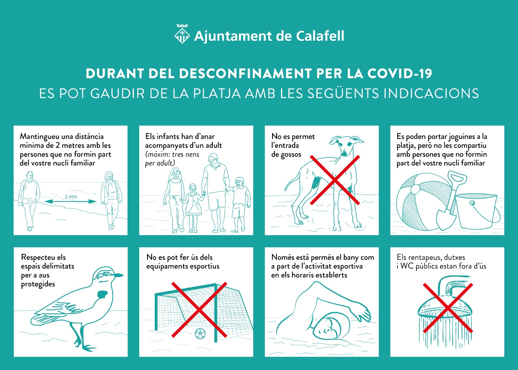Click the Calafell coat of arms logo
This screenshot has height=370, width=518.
click(x=182, y=34)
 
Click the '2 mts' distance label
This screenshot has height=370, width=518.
click(x=71, y=196)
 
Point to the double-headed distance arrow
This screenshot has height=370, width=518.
click(x=71, y=202)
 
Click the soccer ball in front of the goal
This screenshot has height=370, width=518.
click(x=200, y=333)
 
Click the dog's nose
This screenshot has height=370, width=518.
click(x=344, y=153)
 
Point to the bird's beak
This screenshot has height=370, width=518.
click(x=119, y=275)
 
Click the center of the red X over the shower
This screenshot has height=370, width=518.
click(x=448, y=308)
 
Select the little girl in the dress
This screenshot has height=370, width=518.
click(x=192, y=208)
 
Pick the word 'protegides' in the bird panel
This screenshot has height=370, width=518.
click(x=38, y=285)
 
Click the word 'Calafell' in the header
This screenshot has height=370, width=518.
click(x=320, y=36)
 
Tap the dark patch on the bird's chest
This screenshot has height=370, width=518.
click(x=102, y=295)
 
